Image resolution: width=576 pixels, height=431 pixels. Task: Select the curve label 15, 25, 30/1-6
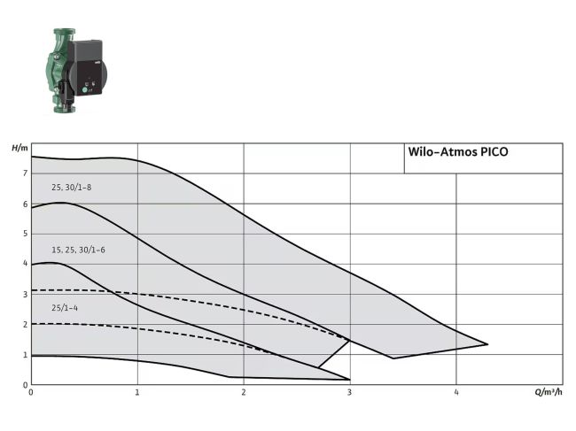coord(78,250)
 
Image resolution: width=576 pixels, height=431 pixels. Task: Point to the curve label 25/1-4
coord(65,307)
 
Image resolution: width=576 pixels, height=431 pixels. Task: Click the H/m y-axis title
coord(19,147)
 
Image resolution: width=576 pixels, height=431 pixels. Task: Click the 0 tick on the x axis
coord(31,392)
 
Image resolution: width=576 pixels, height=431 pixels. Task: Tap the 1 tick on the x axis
coord(137,392)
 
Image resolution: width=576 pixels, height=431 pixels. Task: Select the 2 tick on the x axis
coord(244,392)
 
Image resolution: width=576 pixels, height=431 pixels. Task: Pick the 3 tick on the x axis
coord(350,392)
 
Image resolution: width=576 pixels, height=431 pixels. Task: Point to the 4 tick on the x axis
coord(456,392)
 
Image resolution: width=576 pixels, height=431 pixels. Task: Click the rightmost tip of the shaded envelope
coord(487,344)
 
